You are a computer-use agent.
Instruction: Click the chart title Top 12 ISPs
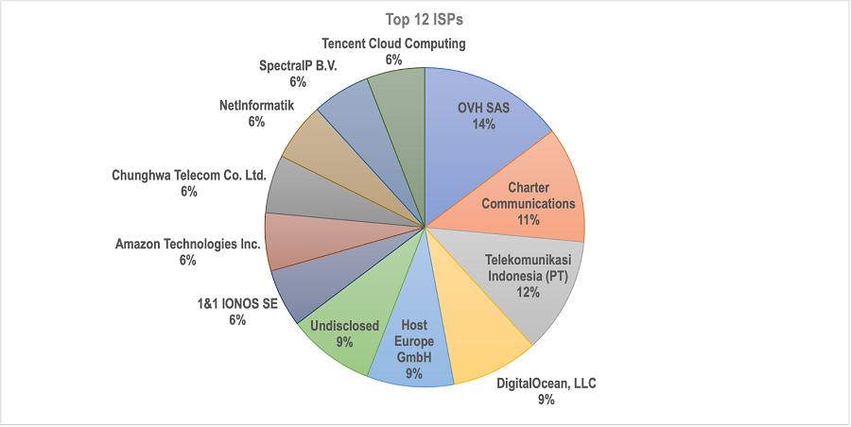pos(425,18)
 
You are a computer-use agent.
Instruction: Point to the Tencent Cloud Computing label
pos(393,43)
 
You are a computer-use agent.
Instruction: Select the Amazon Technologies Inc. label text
pos(187,245)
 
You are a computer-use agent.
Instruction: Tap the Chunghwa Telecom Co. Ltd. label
pos(189,176)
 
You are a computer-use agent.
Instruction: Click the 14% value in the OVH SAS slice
pos(483,125)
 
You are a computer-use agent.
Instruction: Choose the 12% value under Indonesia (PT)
pos(529,292)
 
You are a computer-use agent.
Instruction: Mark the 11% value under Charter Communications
pos(529,219)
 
